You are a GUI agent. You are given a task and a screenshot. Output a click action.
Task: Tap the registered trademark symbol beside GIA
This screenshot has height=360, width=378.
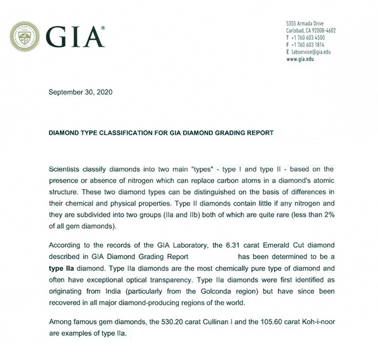[x=104, y=28]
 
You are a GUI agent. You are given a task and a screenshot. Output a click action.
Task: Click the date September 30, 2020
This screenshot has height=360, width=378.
[x=81, y=93]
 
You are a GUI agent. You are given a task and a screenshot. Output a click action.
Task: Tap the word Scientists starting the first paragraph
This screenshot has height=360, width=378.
[x=65, y=170]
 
